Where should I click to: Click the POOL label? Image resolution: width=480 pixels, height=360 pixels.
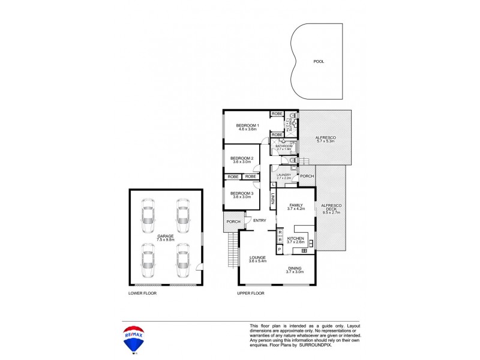[x=318, y=61]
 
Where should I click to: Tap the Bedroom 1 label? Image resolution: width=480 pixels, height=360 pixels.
[x=247, y=127]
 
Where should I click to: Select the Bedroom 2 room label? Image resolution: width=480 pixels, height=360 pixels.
[x=242, y=160]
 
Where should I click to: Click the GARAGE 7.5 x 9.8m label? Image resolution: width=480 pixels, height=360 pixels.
[x=166, y=238]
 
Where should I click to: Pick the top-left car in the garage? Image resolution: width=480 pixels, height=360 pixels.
[x=148, y=213]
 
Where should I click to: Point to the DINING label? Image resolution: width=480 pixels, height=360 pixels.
[x=295, y=269]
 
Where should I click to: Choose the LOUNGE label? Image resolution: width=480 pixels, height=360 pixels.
[x=258, y=259]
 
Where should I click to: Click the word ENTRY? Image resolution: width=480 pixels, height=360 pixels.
[x=259, y=221]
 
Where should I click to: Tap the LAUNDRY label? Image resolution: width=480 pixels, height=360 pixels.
[x=284, y=176]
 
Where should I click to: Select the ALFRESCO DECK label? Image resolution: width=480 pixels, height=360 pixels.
[x=331, y=209]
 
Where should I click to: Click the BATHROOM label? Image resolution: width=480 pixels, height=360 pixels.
[x=284, y=147]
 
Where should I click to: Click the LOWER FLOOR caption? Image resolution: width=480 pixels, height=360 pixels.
[x=142, y=293]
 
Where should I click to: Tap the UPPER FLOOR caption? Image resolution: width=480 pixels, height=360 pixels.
[x=251, y=293]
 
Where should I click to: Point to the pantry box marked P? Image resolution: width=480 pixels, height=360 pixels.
[x=279, y=249]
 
